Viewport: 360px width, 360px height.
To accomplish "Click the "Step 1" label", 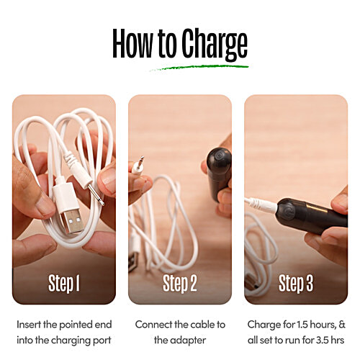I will click(64, 283).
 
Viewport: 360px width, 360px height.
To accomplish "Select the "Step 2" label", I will click(180, 283).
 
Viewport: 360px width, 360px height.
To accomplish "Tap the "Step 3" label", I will click(295, 283).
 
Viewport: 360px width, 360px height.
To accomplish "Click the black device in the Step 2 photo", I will click(218, 173).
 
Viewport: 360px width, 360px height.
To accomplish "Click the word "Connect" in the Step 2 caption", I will click(157, 324).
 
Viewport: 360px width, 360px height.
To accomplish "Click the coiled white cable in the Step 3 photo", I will click(261, 248).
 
